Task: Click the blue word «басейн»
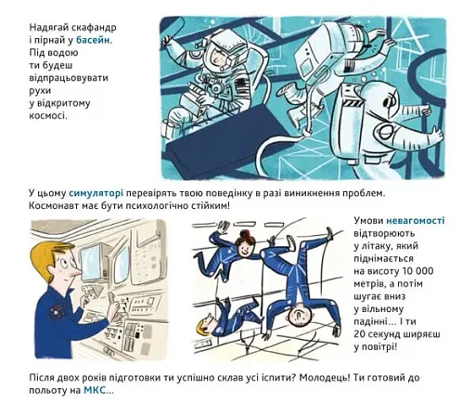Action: tap(93, 40)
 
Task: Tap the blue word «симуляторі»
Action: tap(96, 193)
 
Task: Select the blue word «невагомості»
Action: tap(416, 221)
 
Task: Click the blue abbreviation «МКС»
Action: tap(95, 390)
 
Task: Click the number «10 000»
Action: tap(417, 271)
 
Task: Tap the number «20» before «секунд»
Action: tap(360, 334)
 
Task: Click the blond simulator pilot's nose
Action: tap(78, 272)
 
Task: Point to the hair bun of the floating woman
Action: tap(245, 233)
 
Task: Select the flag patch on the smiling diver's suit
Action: tap(242, 85)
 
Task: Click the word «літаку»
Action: tap(391, 246)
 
